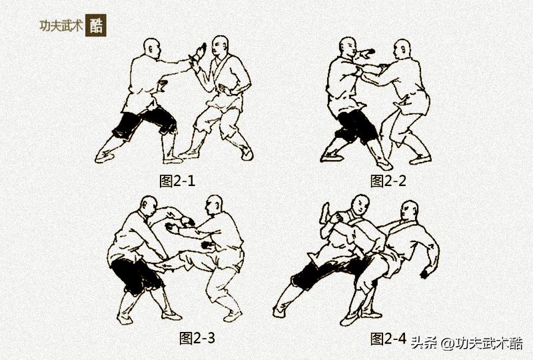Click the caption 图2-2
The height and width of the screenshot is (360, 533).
[x=388, y=180]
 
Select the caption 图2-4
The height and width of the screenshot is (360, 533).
[x=388, y=338]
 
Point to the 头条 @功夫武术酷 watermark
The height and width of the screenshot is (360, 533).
[x=466, y=343]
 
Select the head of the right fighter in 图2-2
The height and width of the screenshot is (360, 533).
[x=401, y=50]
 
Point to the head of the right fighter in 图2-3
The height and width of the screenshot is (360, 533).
[x=214, y=205]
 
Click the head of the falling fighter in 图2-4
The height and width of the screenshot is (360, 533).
[x=410, y=212]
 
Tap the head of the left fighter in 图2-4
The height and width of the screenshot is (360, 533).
[x=360, y=204]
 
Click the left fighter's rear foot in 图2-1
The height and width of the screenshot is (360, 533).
[x=104, y=157]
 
